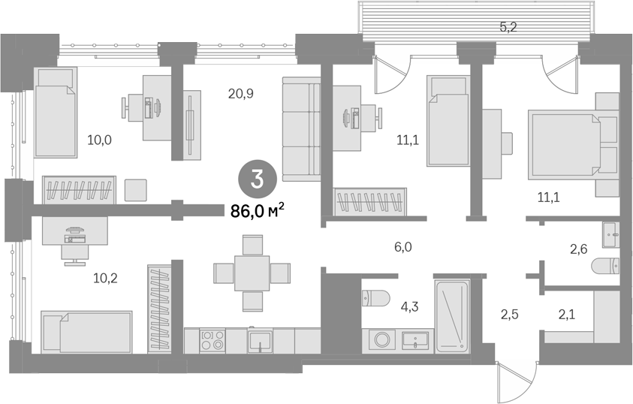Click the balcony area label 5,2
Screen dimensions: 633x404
[x=508, y=28]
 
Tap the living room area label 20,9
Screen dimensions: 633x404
[x=240, y=94]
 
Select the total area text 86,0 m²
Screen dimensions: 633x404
[x=258, y=211]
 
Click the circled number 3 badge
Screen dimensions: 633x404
[x=258, y=179]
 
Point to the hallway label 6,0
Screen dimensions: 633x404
[x=403, y=246]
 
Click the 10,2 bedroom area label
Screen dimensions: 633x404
[x=105, y=278]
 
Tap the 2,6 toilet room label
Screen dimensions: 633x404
[x=578, y=250]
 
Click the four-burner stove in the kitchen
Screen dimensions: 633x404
[x=213, y=340]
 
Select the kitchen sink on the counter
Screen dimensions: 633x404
[x=260, y=342]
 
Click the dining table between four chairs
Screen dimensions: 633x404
[x=252, y=273]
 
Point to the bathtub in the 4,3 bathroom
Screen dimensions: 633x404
[x=452, y=315]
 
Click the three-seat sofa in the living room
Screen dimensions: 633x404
[x=302, y=129]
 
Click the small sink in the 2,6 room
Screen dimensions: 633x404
[x=610, y=234]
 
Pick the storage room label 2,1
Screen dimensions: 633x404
[x=566, y=314]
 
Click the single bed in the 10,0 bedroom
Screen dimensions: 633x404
[x=56, y=112]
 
